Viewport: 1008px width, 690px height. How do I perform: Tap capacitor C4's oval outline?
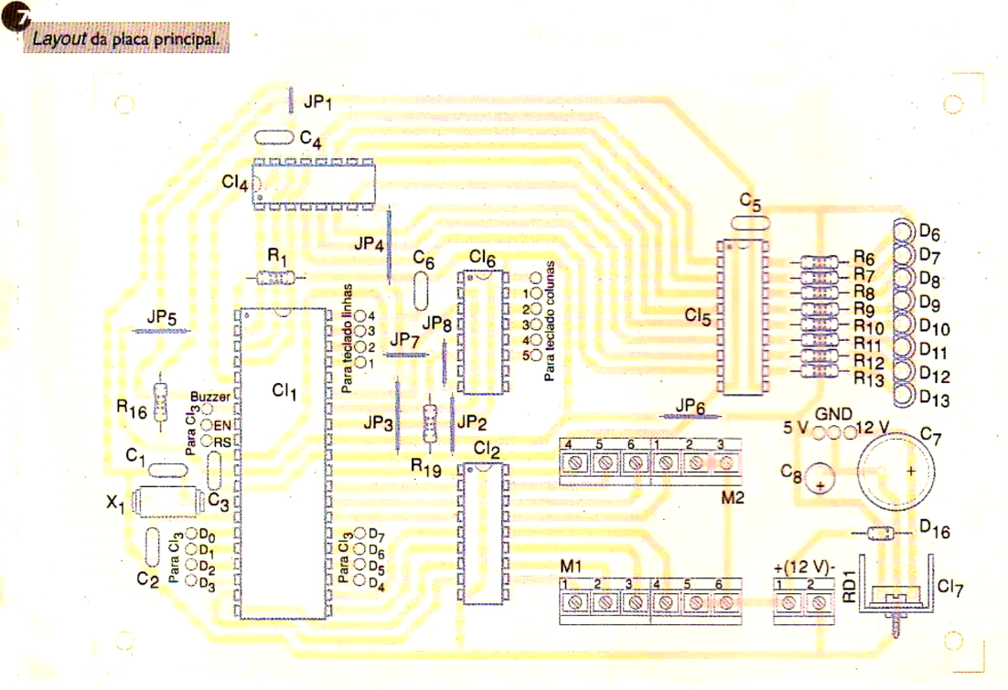coord(273,138)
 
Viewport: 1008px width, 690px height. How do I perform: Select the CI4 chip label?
coord(234,183)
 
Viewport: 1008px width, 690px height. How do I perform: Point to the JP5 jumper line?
coord(162,332)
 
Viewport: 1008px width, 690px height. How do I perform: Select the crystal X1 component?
coord(166,502)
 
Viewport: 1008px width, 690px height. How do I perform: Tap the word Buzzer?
coord(210,397)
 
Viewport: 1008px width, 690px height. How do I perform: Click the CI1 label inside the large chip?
coord(284,391)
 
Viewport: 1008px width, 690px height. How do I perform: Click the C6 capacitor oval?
coord(422,291)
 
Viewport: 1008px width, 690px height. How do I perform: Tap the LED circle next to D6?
coord(903,230)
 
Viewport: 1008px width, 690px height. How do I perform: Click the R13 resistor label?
coord(869,378)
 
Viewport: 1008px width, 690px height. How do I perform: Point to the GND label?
coord(833,414)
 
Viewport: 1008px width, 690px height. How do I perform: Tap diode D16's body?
coord(879,534)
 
